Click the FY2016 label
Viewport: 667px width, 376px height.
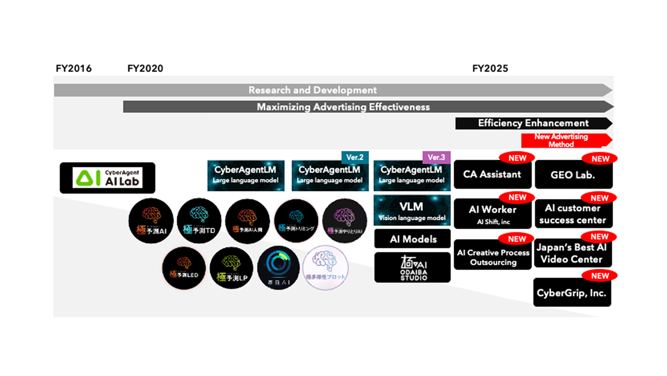pos(74,68)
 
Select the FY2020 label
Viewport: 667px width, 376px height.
pos(145,68)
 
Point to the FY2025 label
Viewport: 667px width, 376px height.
pos(490,68)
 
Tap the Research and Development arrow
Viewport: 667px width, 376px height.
pos(312,90)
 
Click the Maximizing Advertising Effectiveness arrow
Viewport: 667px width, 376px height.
pos(343,107)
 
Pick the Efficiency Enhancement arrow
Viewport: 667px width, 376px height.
pos(533,123)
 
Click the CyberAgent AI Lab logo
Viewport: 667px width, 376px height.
pos(107,178)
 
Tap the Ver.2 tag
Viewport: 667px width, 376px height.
pos(355,157)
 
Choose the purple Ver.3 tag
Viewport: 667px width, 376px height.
pos(436,157)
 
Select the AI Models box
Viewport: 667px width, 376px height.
pos(412,239)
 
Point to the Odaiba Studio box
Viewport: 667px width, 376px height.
pos(412,268)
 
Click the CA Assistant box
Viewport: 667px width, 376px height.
pos(492,175)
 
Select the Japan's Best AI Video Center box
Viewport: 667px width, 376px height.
pos(572,253)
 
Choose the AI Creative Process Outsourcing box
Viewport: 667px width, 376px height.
pos(493,257)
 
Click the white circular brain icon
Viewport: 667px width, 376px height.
pos(325,268)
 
